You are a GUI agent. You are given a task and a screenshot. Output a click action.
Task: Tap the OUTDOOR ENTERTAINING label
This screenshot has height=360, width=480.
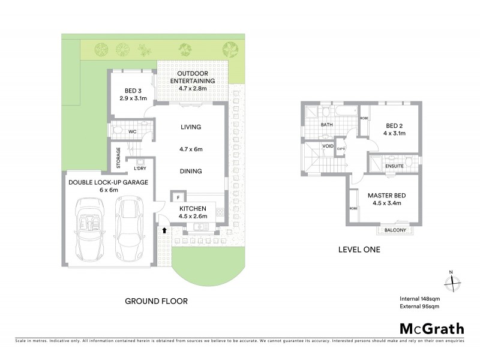click(x=192, y=80)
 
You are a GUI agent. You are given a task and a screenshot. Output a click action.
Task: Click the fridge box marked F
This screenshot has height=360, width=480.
click(x=178, y=196)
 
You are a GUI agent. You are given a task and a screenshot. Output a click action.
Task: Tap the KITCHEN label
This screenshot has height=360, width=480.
click(x=193, y=208)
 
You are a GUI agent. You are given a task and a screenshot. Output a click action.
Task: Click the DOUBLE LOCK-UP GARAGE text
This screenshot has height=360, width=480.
click(x=108, y=182)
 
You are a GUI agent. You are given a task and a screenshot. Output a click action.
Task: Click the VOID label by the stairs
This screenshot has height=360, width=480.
click(x=328, y=146)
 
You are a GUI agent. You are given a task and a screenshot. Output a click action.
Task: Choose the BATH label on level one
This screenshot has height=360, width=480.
click(x=327, y=125)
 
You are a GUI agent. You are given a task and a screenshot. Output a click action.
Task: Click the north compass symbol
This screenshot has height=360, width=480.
click(x=453, y=280)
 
